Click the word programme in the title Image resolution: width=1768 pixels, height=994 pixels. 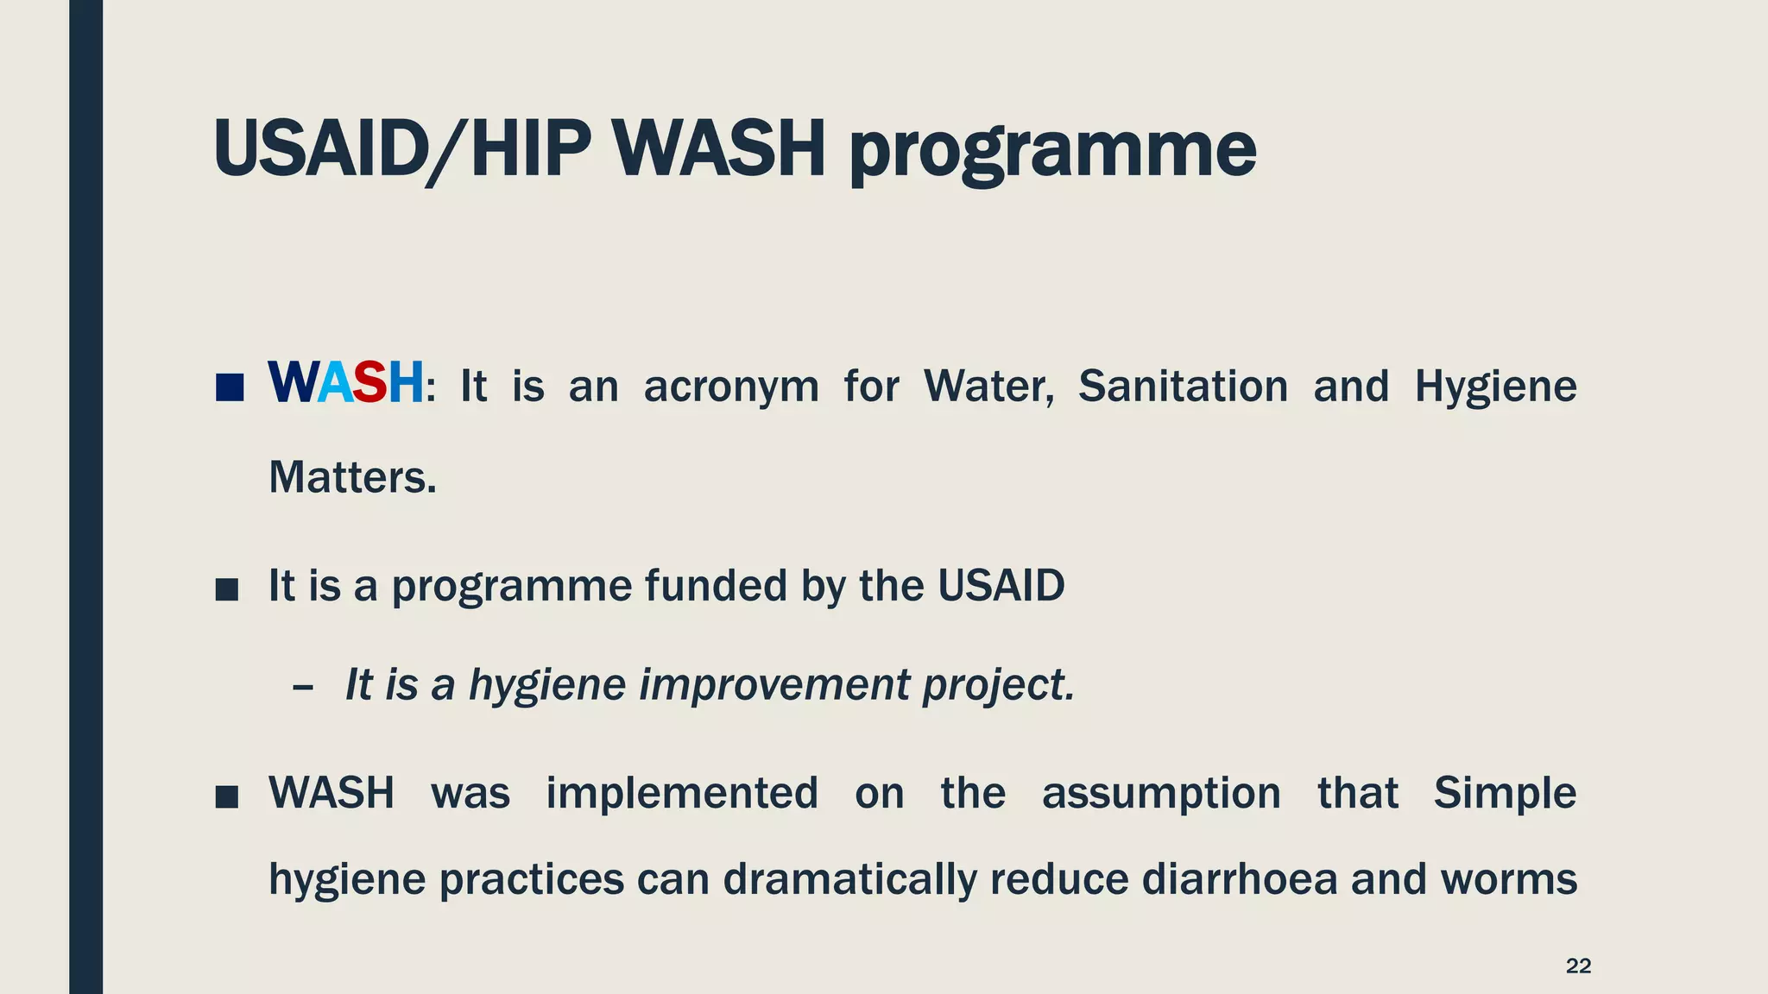click(x=1052, y=150)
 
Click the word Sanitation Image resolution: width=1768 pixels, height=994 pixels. click(x=1183, y=386)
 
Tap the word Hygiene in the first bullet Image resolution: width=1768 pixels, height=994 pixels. click(x=1495, y=387)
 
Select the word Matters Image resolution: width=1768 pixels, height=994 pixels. click(x=352, y=477)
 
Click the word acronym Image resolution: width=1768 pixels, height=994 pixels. click(x=731, y=387)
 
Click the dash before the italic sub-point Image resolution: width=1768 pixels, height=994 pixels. click(x=302, y=688)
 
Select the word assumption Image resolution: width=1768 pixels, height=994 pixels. click(x=1161, y=793)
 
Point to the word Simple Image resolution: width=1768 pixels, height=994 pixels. click(x=1505, y=793)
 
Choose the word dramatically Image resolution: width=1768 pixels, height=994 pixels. click(x=849, y=879)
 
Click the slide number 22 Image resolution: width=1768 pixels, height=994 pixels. click(x=1578, y=966)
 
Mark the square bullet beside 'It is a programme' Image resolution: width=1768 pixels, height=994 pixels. click(x=227, y=590)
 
